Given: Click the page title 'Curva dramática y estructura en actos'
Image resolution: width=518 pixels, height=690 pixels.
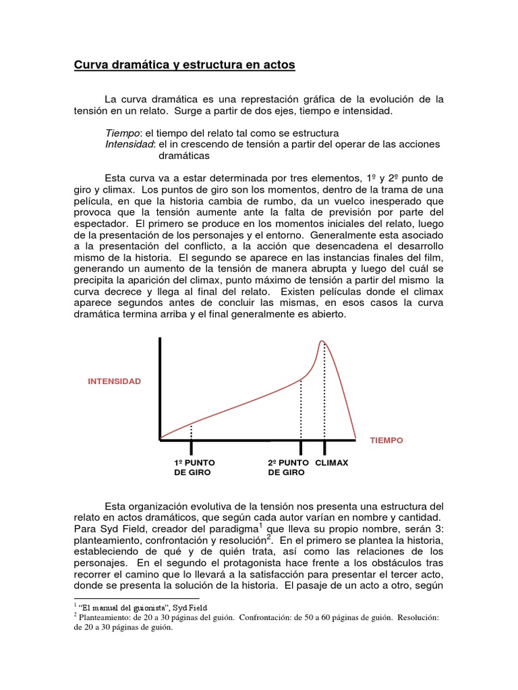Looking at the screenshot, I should [183, 65].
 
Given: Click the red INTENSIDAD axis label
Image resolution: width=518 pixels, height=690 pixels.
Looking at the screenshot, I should [115, 381].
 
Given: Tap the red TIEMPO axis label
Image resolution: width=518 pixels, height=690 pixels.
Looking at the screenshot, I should [386, 440].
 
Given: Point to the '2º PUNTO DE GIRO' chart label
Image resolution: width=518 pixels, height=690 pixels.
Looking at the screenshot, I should [288, 468].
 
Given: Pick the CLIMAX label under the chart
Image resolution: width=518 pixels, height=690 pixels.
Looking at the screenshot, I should [332, 463].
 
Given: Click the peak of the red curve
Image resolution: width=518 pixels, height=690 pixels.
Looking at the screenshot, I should [322, 342].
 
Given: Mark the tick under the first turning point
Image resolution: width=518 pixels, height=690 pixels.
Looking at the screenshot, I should [192, 447].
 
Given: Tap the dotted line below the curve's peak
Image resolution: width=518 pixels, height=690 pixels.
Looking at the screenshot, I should [324, 391].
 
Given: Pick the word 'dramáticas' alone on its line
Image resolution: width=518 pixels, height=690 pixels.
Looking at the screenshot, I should [184, 156].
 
